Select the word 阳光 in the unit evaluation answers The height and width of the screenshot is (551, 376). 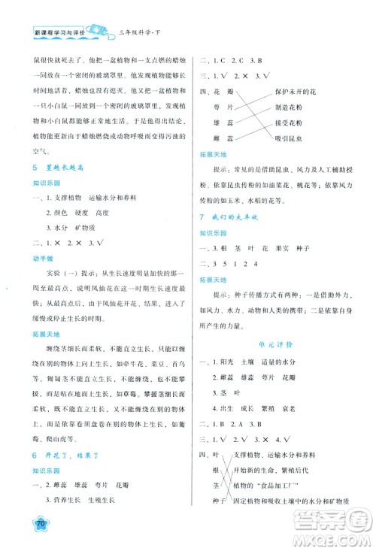[x=232, y=374]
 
